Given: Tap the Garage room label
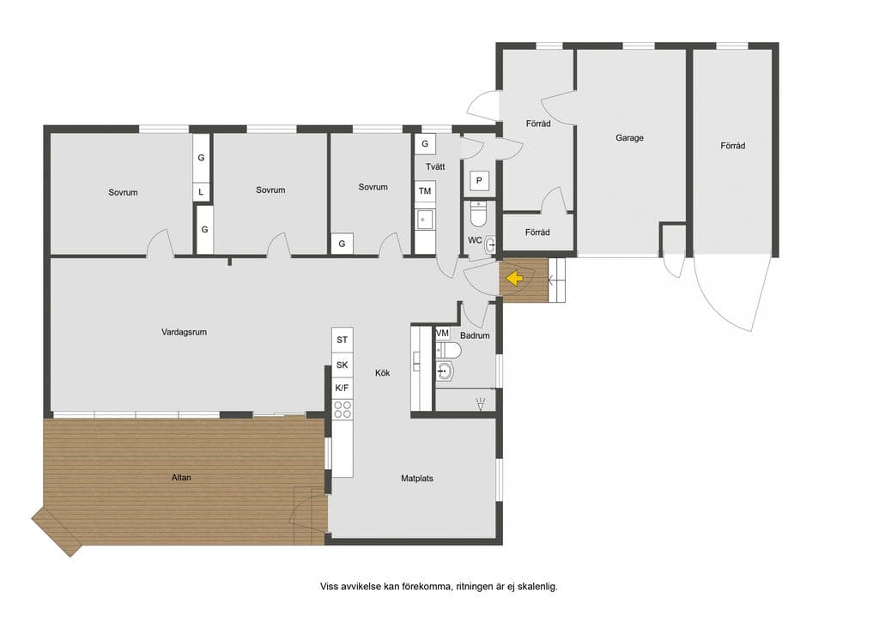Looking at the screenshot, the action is [629, 138].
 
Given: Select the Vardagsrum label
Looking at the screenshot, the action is [184, 332].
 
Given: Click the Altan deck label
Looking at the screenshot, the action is [181, 478].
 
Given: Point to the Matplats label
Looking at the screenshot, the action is [417, 479].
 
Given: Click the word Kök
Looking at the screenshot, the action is [382, 372].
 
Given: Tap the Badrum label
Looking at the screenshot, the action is [475, 335].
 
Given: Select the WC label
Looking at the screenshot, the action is [475, 240].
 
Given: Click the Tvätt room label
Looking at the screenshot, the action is [435, 167].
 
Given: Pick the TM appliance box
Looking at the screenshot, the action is [425, 191].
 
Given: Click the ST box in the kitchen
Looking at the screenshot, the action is [342, 340].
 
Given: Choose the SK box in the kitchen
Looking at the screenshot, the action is [342, 365].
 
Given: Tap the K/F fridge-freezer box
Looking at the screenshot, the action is [342, 388].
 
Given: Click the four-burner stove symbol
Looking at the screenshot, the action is [342, 409].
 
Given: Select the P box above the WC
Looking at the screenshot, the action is [479, 181].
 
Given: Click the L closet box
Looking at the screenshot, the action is [201, 192].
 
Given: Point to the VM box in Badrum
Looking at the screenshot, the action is [442, 334].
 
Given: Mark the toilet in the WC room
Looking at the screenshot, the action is [479, 212].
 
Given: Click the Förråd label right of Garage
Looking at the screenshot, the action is [733, 146].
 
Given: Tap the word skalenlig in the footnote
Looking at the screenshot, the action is [537, 587].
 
